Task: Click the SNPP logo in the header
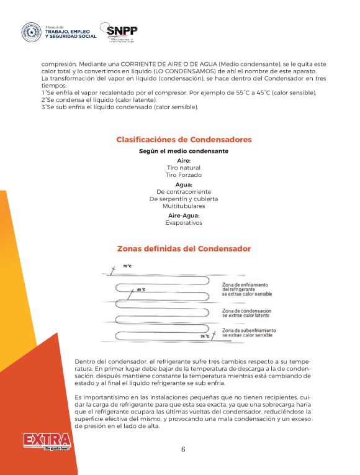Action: coord(122,32)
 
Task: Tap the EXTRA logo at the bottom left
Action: coord(47,442)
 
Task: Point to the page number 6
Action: coord(183,450)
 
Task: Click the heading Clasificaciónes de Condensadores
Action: coord(184,140)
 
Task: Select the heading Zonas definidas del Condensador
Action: coord(184,249)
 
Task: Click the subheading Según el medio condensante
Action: coord(184,152)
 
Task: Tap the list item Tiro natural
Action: coord(184,168)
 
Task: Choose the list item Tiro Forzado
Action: coord(184,175)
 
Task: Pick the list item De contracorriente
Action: coord(184,192)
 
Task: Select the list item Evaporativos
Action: coord(184,222)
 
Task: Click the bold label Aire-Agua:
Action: coord(184,215)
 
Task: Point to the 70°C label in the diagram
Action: coord(127,266)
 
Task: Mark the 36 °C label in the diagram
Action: coord(205,336)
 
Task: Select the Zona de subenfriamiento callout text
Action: coord(249,332)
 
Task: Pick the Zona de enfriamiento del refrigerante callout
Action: coord(246,288)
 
